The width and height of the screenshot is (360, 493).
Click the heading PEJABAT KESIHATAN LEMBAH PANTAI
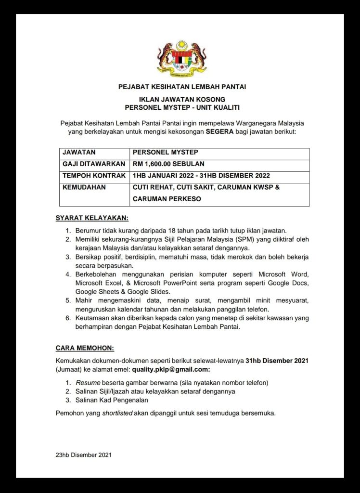pos(182,87)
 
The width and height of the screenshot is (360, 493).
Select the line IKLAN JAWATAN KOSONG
pos(182,100)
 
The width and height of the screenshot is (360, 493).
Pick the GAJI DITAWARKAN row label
pos(94,164)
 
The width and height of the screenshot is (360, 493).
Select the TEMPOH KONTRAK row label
pos(94,175)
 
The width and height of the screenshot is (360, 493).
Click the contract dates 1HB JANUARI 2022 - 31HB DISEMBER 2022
pos(201,175)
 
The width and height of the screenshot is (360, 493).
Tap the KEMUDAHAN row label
pos(84,187)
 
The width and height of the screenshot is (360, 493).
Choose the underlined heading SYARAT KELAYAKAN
pos(92,218)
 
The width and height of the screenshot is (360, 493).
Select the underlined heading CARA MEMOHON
pos(85,348)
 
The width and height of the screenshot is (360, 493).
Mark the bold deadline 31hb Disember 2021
pos(277,360)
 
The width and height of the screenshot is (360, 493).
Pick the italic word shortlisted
pos(117,413)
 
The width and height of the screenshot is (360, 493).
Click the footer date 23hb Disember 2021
pos(84,454)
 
